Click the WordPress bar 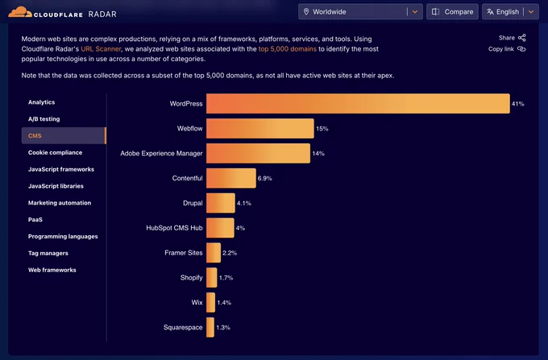358,103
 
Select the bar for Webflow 260,129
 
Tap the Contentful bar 231,178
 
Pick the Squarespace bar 210,327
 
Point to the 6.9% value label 264,179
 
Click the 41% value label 517,104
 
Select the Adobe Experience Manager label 161,153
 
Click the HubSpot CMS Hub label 174,228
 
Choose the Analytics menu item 42,102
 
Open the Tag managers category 48,253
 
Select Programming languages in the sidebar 63,237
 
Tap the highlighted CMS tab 64,135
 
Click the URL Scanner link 101,49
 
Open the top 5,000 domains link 287,49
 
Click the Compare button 452,12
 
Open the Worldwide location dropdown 360,12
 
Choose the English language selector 510,12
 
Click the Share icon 521,38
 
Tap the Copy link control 507,49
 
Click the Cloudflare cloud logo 20,12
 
